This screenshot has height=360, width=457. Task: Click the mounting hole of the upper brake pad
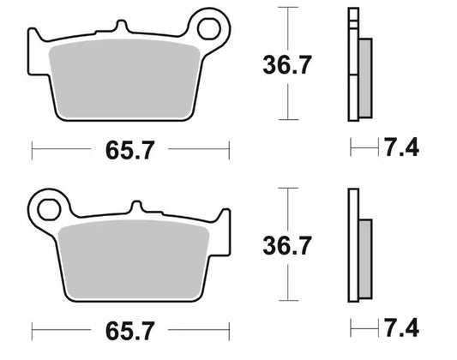point(208,29)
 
